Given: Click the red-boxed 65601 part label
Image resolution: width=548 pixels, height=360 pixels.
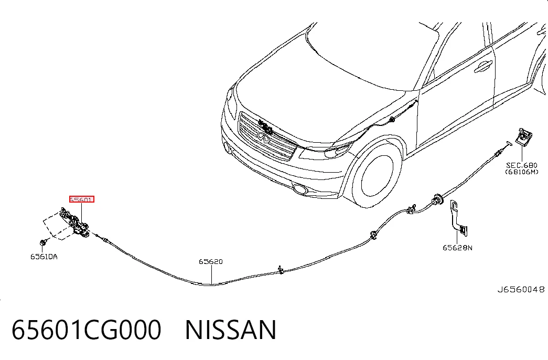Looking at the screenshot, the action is (x=82, y=199).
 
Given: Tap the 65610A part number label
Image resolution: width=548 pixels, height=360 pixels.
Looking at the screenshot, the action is (x=44, y=257).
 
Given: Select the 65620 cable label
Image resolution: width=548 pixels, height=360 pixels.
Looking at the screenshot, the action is (x=211, y=262).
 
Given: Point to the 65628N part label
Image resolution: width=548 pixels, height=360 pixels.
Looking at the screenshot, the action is (x=457, y=248).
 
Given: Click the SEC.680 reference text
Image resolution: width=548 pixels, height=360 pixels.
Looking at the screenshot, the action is (x=522, y=165).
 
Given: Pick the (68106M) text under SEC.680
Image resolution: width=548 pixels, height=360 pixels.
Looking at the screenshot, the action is (x=522, y=172).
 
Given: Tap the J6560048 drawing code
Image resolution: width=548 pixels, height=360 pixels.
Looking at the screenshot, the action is (x=521, y=290).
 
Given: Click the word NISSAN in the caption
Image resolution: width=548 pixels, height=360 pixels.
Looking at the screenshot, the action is (x=231, y=330).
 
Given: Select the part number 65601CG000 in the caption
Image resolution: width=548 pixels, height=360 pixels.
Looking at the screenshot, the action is (x=87, y=330).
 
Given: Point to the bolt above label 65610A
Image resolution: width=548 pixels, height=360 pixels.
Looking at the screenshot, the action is (x=44, y=242).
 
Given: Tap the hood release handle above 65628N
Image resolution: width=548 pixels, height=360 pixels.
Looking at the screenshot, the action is (x=458, y=217).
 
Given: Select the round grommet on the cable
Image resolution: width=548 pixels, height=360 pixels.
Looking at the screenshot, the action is (x=437, y=199).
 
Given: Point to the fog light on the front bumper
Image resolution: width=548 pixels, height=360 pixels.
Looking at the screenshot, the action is (x=299, y=189).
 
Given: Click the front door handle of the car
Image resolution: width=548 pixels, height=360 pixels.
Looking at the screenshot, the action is (x=483, y=66).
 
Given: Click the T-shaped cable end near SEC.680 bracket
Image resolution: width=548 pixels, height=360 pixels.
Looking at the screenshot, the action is (x=508, y=143).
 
